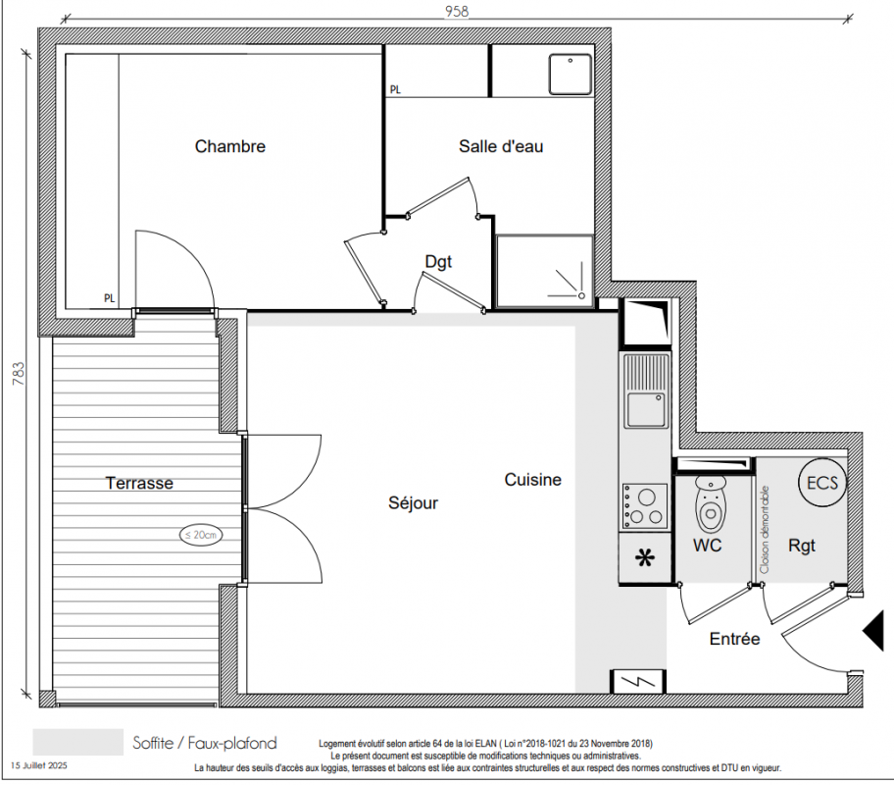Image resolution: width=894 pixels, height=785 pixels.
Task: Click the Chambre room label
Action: tap(229, 147)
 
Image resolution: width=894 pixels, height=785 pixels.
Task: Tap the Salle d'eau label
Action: tap(501, 147)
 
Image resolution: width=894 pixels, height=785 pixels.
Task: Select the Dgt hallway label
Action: tap(438, 262)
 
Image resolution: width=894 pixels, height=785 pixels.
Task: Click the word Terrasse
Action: tap(139, 483)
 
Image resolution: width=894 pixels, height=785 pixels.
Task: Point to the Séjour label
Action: tap(413, 503)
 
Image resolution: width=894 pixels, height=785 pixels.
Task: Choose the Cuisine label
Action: tap(532, 480)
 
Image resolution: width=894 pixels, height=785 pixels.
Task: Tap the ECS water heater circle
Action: tap(822, 483)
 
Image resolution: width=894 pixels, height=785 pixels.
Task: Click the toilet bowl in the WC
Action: tap(711, 505)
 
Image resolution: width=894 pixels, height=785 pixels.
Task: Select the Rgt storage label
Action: tap(802, 547)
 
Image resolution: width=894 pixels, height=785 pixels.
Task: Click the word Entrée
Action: tap(734, 639)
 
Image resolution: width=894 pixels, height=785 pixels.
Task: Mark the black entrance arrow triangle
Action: tap(872, 630)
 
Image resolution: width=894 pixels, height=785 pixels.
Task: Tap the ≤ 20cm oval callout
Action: tap(201, 535)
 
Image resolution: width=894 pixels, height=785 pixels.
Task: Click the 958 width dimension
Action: tap(457, 12)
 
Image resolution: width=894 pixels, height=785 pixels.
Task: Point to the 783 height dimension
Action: tap(19, 374)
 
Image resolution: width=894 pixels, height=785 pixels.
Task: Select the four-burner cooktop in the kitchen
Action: tap(645, 505)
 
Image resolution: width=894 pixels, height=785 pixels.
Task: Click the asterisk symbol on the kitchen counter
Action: tap(645, 557)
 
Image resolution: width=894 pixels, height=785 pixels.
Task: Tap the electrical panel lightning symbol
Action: tap(638, 681)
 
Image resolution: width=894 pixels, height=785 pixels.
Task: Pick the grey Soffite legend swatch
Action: tap(78, 742)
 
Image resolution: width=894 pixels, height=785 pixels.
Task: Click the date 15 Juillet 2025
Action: tap(39, 765)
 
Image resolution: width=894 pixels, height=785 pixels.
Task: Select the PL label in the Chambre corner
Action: tap(109, 298)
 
